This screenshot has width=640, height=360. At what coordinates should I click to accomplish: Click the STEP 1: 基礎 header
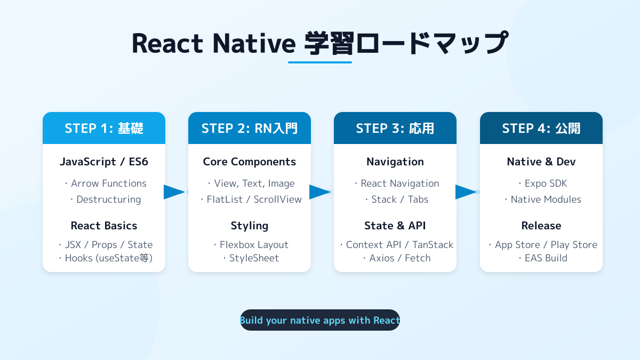click(x=104, y=128)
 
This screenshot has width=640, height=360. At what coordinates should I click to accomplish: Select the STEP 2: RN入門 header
click(x=250, y=128)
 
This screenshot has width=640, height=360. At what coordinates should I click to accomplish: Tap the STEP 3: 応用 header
click(x=395, y=128)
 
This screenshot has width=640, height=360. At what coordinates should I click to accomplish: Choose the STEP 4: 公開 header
click(x=541, y=128)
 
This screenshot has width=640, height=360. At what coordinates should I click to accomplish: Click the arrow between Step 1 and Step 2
click(x=174, y=192)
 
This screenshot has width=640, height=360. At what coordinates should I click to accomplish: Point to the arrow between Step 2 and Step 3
click(x=320, y=192)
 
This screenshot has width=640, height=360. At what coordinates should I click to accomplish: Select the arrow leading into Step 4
click(x=466, y=192)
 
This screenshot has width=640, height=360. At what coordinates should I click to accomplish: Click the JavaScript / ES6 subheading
click(x=104, y=162)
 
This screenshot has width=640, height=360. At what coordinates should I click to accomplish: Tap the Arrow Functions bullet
click(x=106, y=183)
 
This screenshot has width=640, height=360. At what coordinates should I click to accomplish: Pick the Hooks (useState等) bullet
click(x=106, y=258)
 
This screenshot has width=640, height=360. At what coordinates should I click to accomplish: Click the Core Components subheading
click(x=250, y=162)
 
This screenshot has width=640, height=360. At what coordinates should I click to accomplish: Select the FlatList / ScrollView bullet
click(x=251, y=199)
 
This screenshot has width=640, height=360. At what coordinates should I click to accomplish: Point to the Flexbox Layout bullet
click(x=251, y=245)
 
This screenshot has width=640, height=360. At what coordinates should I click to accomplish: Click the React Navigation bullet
click(x=397, y=183)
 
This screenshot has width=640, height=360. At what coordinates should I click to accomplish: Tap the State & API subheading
click(x=395, y=226)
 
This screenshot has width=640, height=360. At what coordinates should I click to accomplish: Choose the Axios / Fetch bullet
click(x=397, y=258)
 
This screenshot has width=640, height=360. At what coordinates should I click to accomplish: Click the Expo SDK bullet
click(x=543, y=183)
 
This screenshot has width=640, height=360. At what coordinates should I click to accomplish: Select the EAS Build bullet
click(x=543, y=258)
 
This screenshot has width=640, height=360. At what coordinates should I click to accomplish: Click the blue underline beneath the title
click(x=320, y=62)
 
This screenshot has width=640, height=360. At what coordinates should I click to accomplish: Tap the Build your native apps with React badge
click(x=320, y=320)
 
